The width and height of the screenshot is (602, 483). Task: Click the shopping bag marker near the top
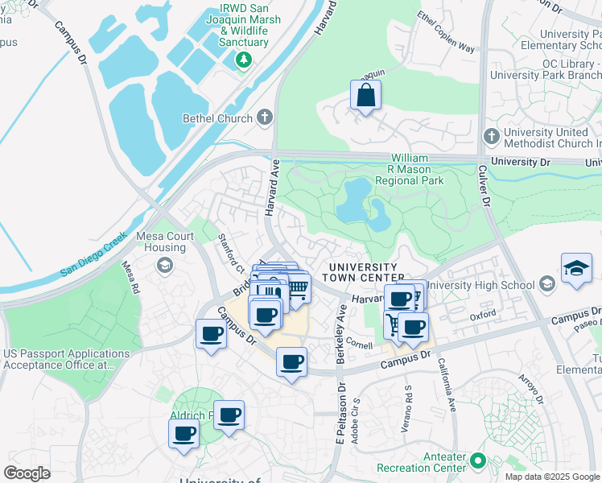(366, 97)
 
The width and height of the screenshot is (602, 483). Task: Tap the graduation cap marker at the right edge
(576, 269)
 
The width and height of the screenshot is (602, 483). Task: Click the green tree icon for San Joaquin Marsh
(243, 60)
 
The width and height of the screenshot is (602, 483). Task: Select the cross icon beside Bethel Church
(265, 118)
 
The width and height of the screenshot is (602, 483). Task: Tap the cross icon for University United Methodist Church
(489, 136)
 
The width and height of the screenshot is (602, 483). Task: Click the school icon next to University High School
(547, 284)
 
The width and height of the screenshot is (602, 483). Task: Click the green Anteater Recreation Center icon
(477, 462)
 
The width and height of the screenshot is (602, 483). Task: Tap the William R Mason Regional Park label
(417, 170)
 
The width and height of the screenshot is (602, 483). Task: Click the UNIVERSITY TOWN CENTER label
(360, 272)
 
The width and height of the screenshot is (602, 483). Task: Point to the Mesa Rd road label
(130, 276)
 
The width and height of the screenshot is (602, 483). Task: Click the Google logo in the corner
(27, 473)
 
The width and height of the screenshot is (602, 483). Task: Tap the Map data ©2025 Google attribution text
(552, 477)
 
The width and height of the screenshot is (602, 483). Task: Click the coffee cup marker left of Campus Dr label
(211, 334)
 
